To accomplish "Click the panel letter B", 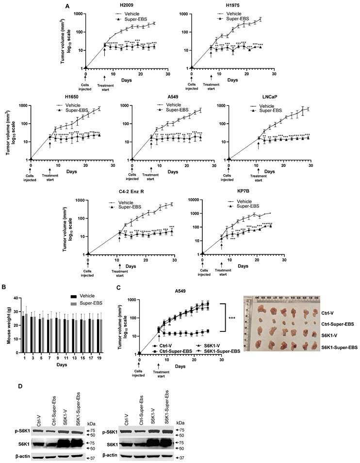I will coord(5,288).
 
